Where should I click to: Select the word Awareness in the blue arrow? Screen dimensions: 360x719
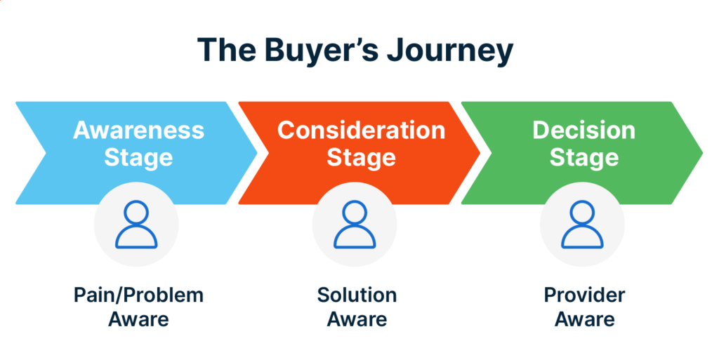(x=138, y=131)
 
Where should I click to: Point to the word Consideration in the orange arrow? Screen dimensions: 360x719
(x=361, y=131)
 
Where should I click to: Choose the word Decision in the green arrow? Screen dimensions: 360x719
(x=583, y=131)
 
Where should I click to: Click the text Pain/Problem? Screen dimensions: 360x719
(x=138, y=295)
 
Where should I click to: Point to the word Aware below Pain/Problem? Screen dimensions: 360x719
(x=138, y=319)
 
